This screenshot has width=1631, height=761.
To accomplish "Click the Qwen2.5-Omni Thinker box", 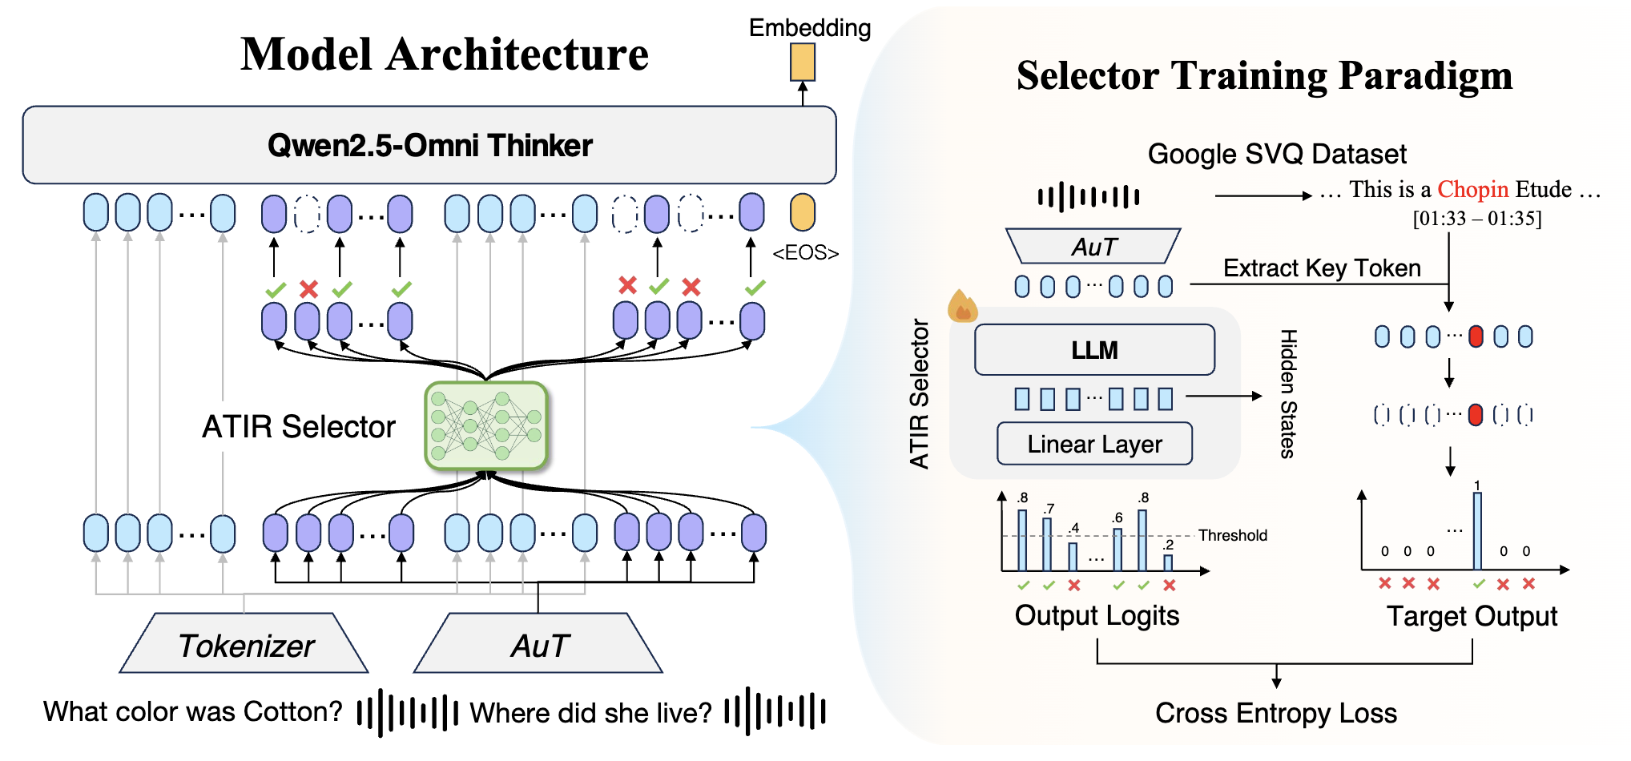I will click(429, 145).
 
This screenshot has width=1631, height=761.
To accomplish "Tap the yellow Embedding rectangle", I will click(803, 62).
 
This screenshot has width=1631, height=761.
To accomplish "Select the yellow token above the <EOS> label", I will click(803, 212).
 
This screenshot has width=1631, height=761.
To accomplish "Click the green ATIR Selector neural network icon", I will click(486, 425).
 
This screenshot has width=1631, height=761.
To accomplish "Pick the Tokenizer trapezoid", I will click(244, 644).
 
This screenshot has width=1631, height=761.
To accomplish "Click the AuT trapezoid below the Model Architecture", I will click(539, 644).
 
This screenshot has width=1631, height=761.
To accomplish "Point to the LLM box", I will click(1094, 350).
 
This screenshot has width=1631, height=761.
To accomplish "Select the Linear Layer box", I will click(1094, 444).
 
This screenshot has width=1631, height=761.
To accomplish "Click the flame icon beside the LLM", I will click(962, 306).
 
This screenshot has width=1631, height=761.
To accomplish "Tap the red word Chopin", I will click(1472, 190).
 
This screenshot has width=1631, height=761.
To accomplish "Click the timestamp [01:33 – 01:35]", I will click(1476, 219).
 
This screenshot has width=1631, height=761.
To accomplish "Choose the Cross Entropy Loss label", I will click(1275, 713).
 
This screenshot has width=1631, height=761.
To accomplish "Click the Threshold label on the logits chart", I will click(1232, 535).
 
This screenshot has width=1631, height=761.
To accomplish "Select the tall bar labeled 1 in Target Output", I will click(1477, 530).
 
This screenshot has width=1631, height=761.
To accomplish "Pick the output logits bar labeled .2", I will click(1168, 562).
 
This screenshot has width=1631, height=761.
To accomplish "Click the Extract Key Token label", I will click(1322, 268).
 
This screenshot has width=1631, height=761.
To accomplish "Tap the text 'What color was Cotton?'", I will click(193, 711).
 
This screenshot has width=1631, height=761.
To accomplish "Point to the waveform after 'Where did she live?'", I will click(775, 711).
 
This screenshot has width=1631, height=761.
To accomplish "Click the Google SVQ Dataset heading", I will click(1277, 154).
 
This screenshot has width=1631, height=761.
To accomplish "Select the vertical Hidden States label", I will click(1288, 393).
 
